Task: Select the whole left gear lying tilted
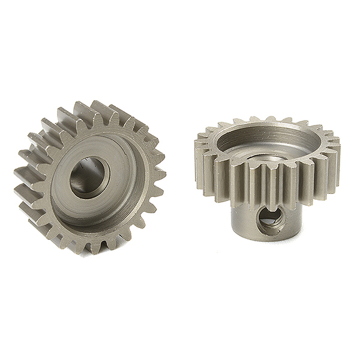coord(90,177)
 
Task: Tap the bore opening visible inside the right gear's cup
coord(268,157)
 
